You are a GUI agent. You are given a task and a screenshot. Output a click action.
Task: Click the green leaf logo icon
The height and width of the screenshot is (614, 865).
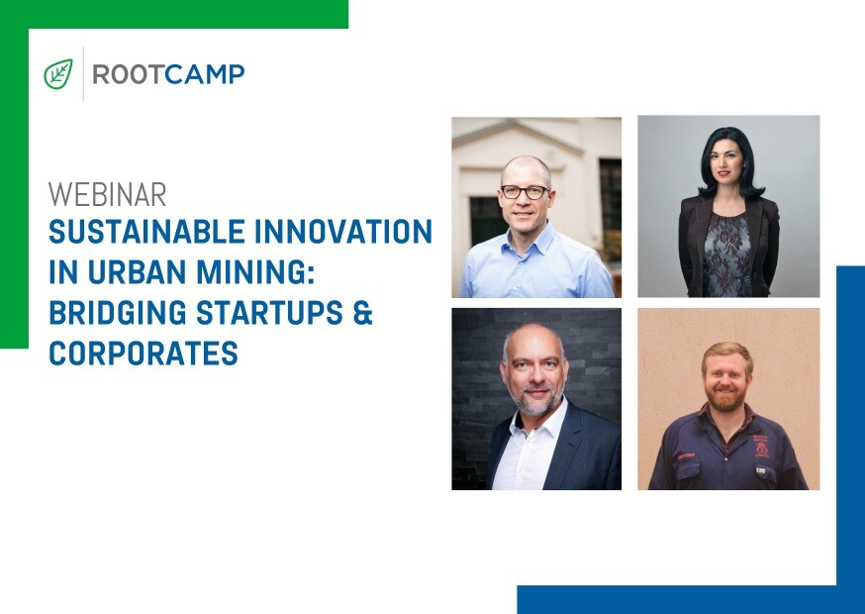(58, 74)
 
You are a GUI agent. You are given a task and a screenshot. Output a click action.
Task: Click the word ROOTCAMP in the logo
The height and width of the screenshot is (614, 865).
(168, 74)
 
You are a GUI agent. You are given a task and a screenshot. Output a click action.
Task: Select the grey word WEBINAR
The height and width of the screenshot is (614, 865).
(107, 194)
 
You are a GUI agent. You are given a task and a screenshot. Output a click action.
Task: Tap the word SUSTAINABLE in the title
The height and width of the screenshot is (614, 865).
(146, 232)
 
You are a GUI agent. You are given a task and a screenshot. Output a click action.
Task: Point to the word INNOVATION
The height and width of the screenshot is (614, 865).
(343, 232)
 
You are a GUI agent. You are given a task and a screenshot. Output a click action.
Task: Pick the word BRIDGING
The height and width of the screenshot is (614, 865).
(118, 313)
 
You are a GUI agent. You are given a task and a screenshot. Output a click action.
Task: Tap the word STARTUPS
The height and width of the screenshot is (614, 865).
(270, 313)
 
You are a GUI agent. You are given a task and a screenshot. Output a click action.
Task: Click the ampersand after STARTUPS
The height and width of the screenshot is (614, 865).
(362, 313)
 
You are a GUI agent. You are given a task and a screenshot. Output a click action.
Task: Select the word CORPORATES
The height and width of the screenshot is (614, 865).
(144, 354)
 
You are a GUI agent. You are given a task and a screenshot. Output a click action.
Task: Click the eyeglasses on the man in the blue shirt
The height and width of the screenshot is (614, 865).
(525, 191)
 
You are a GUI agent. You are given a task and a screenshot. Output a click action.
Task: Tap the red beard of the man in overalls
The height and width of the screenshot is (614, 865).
(724, 399)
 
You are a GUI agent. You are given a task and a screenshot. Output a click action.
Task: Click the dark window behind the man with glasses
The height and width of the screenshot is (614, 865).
(487, 220)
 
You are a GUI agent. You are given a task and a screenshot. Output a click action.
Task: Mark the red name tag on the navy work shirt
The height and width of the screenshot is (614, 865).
(686, 457)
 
